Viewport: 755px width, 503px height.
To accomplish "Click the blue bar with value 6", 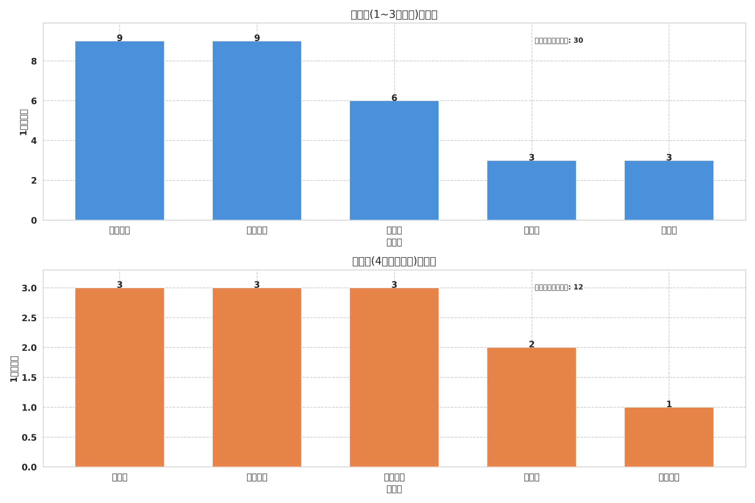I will click(x=394, y=160).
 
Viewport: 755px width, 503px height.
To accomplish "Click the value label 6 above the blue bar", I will click(x=394, y=98).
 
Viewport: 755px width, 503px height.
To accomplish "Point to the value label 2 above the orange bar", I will click(x=531, y=344).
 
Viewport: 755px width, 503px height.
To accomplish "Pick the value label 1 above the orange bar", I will click(x=669, y=404).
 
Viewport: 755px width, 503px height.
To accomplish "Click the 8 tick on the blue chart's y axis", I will click(x=34, y=62).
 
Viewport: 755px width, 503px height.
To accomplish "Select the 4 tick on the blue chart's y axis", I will click(x=34, y=141).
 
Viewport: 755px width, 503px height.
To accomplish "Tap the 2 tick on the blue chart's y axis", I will click(x=34, y=181).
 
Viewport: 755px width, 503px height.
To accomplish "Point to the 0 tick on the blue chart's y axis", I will click(x=34, y=221).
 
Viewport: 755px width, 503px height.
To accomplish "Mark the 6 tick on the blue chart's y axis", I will click(x=34, y=101).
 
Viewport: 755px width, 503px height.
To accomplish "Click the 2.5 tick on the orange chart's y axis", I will click(x=29, y=318).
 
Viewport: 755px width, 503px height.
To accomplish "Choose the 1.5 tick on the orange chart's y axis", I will click(x=29, y=378).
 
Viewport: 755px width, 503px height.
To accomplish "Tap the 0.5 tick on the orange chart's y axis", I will click(x=29, y=438).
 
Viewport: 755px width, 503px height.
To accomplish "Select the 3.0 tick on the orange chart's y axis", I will click(x=29, y=288).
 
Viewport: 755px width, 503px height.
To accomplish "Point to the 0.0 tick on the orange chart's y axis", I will click(x=29, y=467).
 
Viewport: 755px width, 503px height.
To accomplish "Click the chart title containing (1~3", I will click(x=394, y=15).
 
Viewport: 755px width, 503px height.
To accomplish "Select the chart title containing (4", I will click(x=394, y=261).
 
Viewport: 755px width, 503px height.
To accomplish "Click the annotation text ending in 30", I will click(x=559, y=41).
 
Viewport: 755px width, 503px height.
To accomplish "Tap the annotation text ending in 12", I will click(x=559, y=287).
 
